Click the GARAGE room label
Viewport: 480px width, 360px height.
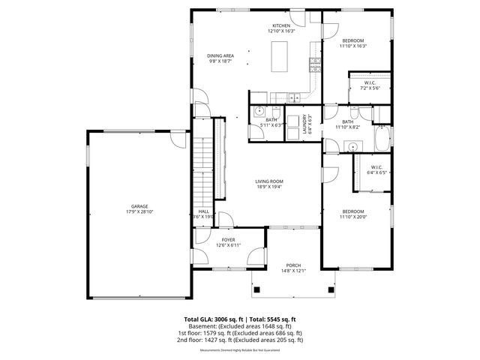pos(139,206)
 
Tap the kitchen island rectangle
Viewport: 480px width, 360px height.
pos(280,55)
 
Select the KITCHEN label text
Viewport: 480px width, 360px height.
pos(280,25)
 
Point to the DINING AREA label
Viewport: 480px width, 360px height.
pos(220,56)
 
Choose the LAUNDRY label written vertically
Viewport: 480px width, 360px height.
pos(304,121)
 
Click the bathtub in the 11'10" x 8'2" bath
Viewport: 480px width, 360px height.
pos(382,138)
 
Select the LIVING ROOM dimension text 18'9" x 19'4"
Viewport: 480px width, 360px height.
pos(268,186)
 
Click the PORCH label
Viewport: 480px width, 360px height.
pos(292,265)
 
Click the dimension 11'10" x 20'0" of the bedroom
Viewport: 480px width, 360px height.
pos(352,217)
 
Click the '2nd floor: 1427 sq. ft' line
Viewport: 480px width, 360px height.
pos(240,340)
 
